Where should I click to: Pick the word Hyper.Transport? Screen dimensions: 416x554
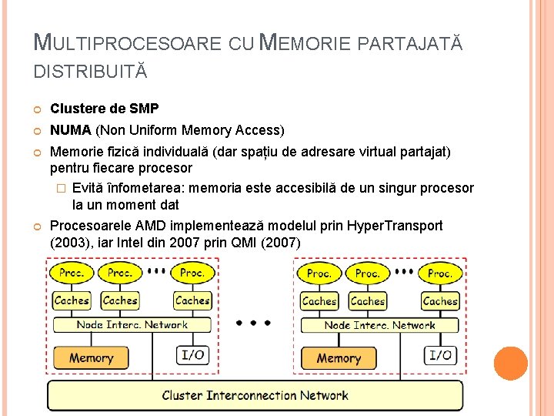(x=395, y=226)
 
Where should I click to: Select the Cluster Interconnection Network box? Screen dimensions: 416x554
(x=255, y=396)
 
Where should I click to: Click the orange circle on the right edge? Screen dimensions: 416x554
(x=510, y=363)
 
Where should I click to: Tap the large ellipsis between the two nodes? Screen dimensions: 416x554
(x=255, y=323)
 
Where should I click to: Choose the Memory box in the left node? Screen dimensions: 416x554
(x=91, y=357)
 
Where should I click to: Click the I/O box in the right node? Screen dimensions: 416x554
(x=440, y=355)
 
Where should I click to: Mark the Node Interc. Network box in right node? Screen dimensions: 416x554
(x=379, y=325)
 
